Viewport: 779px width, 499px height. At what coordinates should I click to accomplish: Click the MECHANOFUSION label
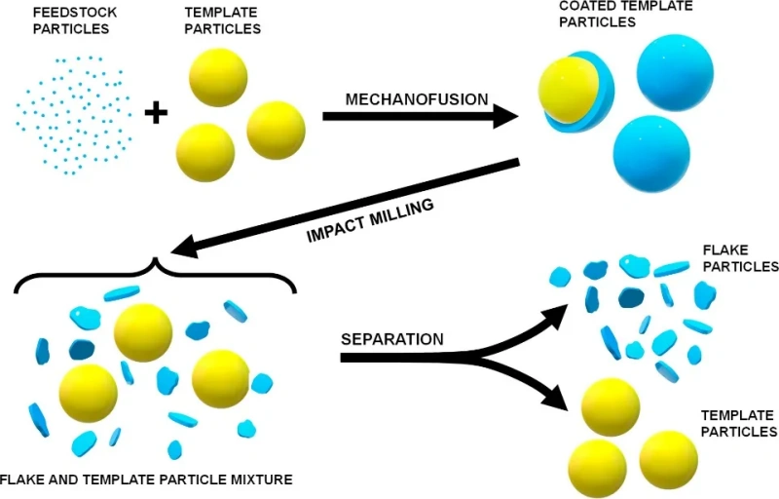click(x=417, y=99)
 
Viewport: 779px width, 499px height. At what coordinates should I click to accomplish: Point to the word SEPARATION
click(x=391, y=340)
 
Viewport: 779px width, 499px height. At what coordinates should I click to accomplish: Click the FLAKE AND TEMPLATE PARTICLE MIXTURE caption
click(x=146, y=480)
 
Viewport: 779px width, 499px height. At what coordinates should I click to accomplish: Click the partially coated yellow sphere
click(x=565, y=92)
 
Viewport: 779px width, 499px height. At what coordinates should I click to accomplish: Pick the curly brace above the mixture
click(x=154, y=276)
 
